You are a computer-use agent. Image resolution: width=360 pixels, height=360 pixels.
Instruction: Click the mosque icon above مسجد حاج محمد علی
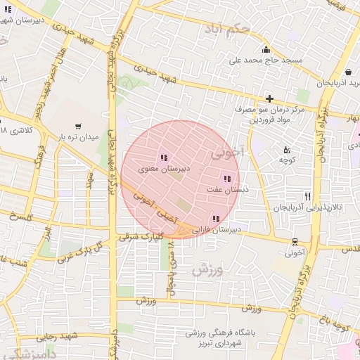pos(266,49)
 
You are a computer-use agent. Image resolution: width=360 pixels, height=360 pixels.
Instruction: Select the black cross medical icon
pos(269,98)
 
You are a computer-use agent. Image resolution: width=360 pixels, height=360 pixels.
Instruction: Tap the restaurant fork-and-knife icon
pos(307,196)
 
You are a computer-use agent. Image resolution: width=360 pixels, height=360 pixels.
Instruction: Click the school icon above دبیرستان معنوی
pos(163,157)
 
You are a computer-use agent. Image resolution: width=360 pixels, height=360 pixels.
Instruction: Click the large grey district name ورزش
pos(209,270)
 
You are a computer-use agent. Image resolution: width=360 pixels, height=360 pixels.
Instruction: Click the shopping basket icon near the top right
pos(349,71)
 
